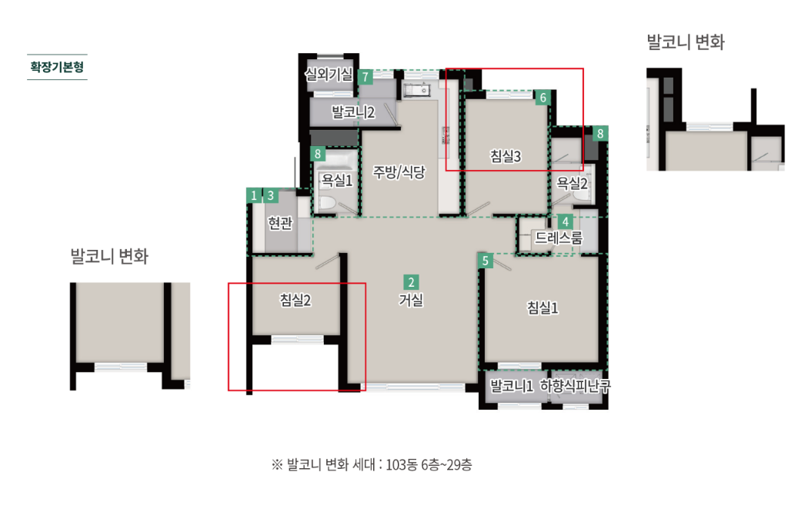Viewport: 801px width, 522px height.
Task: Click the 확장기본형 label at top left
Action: (x=57, y=67)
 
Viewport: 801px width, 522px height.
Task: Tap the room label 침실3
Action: (x=506, y=157)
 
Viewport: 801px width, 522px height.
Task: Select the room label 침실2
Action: (x=295, y=301)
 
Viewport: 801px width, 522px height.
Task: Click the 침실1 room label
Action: (x=542, y=308)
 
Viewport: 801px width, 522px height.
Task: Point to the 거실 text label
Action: (x=411, y=301)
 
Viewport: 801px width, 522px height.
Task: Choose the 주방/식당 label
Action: (x=399, y=171)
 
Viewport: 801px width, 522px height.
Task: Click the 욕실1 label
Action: (x=336, y=181)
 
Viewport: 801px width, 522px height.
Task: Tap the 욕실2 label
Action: (x=572, y=183)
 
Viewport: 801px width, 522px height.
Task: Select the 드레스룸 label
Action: (x=559, y=238)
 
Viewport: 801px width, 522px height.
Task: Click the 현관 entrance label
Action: (x=279, y=223)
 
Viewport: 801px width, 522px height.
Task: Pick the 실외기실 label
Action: (x=329, y=75)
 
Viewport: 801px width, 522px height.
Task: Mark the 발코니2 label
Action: (x=352, y=113)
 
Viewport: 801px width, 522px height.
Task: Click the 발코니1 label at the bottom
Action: (x=512, y=387)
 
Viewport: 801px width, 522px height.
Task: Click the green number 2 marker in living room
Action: (x=412, y=281)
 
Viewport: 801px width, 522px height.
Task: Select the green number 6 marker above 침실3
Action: (x=543, y=98)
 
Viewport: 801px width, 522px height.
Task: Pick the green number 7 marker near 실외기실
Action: (x=366, y=76)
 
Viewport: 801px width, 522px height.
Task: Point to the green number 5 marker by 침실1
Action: (x=485, y=261)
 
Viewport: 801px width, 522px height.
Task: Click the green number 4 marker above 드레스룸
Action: (x=565, y=221)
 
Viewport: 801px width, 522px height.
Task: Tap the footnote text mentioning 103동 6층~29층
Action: (x=372, y=464)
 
